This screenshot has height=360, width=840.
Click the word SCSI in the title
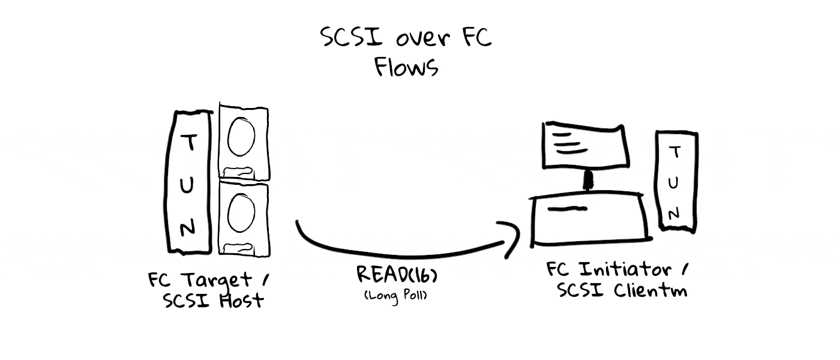pos(352,37)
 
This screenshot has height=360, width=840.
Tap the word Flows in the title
pos(406,67)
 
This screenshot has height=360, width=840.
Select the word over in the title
pos(422,38)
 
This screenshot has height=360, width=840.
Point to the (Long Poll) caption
pos(395,295)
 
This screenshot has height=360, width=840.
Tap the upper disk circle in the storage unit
pos(241,137)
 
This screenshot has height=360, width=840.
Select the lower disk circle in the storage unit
pos(241,213)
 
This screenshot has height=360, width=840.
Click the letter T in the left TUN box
pos(189,142)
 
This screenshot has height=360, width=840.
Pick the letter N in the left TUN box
pos(187,227)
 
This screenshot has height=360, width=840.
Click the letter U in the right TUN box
pos(673,182)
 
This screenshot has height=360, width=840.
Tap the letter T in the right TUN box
pos(675,152)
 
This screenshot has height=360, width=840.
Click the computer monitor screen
pos(586,145)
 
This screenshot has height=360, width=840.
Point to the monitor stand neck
pos(588,181)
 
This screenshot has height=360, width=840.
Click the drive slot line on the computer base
pos(567,209)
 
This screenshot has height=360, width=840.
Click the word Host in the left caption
pos(241,301)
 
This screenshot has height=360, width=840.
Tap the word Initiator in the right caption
pos(625,269)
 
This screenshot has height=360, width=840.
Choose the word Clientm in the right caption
pos(650,290)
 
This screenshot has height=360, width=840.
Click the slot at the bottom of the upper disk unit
pos(239,172)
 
